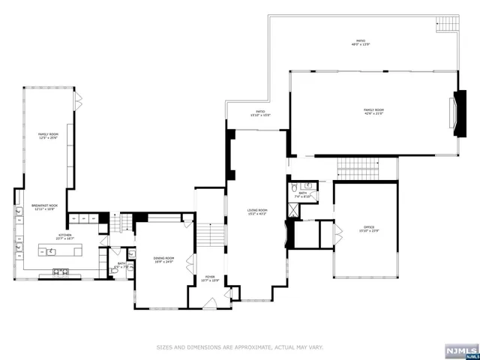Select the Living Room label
click(x=257, y=212)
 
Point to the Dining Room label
click(x=163, y=260)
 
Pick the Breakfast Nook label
click(x=44, y=207)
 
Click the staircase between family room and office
click(x=356, y=169)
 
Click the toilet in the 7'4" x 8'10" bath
click(x=295, y=187)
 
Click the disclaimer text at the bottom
click(x=240, y=347)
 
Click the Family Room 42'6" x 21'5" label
click(x=373, y=112)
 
